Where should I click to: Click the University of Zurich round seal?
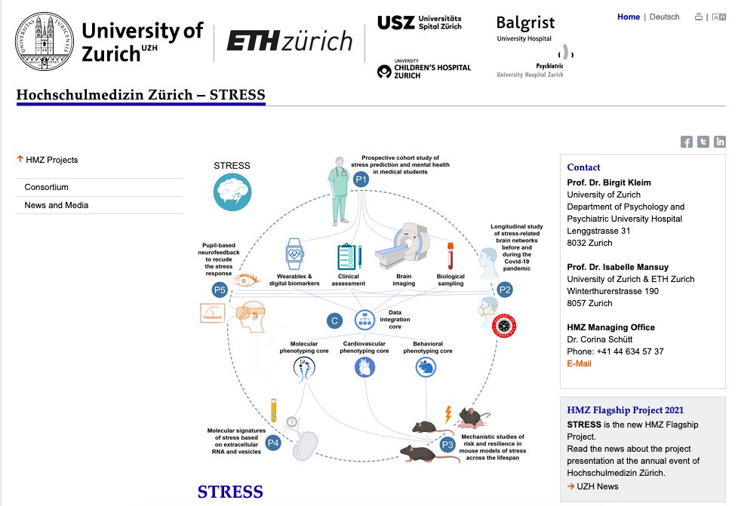click(42, 41)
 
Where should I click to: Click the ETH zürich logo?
click(289, 41)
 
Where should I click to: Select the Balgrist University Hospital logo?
click(525, 28)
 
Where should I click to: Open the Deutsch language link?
click(664, 17)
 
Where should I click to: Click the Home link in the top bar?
click(628, 17)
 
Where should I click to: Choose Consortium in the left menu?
click(46, 187)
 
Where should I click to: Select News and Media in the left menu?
click(56, 205)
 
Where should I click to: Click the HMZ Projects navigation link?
click(51, 160)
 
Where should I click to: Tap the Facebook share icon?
click(687, 142)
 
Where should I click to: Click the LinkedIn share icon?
click(720, 142)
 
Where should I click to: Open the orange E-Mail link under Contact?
click(579, 363)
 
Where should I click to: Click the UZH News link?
click(597, 486)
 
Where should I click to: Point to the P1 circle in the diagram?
click(361, 179)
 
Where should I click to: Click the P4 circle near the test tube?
click(273, 443)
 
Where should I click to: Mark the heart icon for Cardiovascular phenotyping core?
click(364, 367)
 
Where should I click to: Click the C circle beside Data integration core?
click(334, 320)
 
